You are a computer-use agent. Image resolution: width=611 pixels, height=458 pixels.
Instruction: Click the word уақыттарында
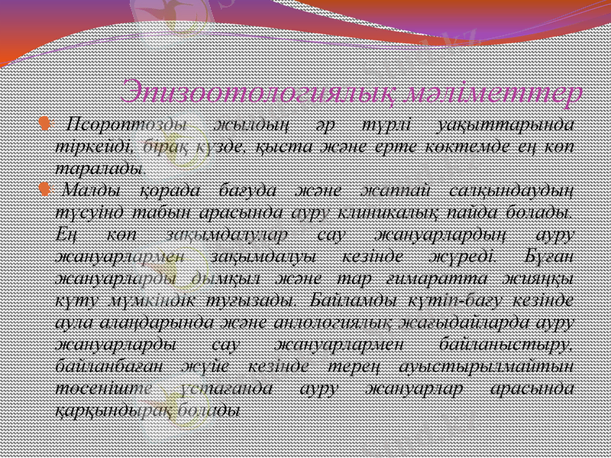pyautogui.click(x=505, y=125)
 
